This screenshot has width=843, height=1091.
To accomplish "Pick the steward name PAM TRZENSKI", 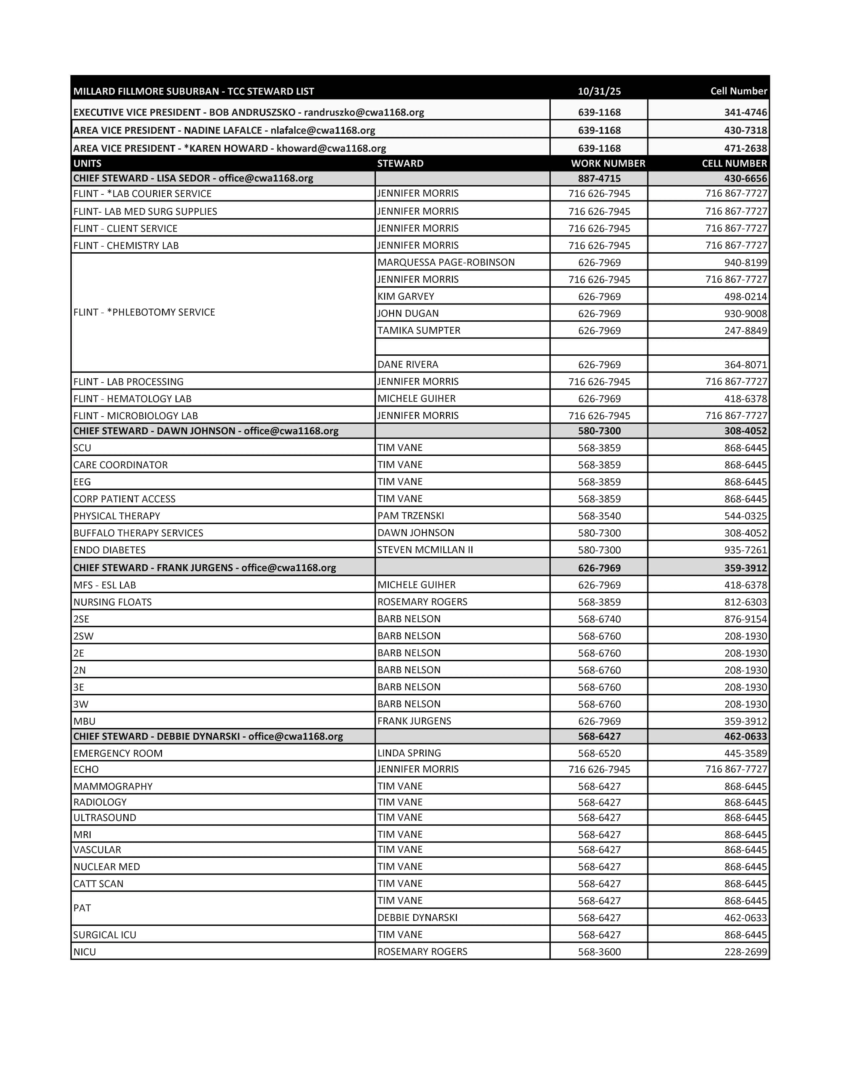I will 411,516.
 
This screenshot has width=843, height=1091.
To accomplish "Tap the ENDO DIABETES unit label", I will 109,550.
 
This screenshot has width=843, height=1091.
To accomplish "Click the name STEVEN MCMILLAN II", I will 425,549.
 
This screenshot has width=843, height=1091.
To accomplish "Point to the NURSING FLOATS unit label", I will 112,602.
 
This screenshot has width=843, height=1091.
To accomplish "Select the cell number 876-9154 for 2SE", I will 745,619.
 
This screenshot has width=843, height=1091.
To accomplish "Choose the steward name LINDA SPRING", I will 409,753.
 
